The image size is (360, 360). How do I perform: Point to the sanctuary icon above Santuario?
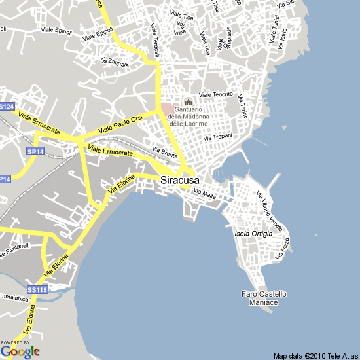188,102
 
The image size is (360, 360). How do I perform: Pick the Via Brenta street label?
164,152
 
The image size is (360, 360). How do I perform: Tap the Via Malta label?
205,193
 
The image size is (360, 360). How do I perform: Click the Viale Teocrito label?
216,95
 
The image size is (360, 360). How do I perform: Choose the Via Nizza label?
285,248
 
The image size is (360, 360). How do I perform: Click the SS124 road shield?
7,106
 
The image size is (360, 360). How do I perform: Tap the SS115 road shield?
37,289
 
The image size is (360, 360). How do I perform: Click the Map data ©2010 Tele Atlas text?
315,356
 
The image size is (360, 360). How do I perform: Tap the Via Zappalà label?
115,62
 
